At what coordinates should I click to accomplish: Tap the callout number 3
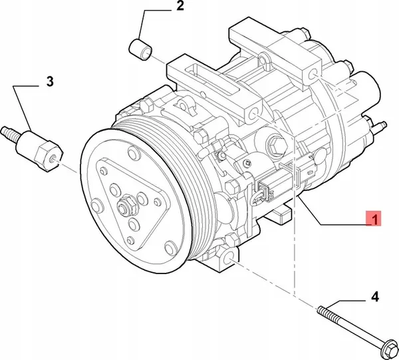[x=49, y=82]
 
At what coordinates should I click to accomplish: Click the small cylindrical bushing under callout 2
[x=140, y=49]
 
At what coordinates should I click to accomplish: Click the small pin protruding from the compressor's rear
[x=382, y=124]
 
